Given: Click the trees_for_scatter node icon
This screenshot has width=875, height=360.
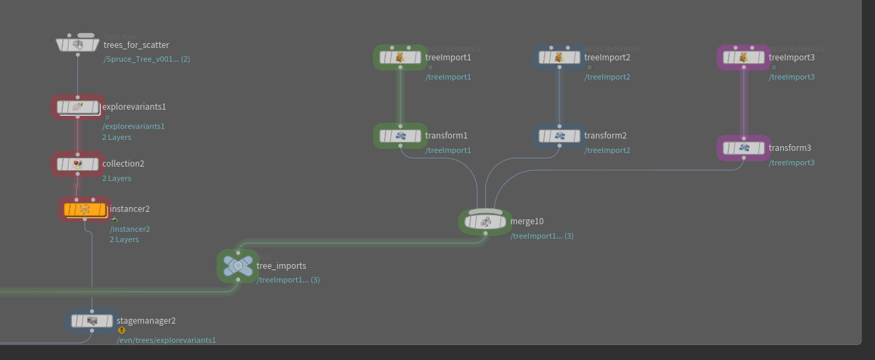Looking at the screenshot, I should point(77,45).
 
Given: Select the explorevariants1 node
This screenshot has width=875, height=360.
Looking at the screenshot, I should point(77,107).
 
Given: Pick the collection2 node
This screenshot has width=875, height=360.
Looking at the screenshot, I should point(77,164).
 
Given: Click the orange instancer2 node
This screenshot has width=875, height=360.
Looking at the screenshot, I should point(85,209).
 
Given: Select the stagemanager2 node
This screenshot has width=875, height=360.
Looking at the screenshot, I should point(92,320).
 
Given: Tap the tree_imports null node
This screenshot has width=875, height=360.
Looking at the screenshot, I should point(238,265).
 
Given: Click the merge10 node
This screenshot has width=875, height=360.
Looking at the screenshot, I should point(486,221).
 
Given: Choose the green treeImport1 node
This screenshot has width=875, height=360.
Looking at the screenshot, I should point(400,58).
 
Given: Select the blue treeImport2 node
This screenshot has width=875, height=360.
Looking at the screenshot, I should point(559,58).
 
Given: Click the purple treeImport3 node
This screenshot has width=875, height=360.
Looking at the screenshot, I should point(743,58).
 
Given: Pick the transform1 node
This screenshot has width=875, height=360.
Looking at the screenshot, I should point(400,136).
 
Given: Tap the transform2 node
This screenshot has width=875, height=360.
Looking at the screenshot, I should point(559,136).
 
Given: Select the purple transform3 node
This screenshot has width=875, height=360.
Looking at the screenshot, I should point(743,148).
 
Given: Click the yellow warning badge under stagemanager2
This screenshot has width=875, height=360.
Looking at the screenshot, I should point(121,330).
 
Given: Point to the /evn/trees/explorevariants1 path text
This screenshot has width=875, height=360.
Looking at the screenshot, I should point(166,340).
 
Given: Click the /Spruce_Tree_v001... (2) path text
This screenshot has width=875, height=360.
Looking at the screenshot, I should point(147,59).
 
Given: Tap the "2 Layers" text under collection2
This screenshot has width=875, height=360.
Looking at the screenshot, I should point(117,178).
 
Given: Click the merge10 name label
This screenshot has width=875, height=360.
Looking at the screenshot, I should point(527,221).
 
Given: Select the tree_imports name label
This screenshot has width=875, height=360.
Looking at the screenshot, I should point(281,266).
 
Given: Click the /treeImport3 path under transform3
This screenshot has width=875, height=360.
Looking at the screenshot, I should point(791,163).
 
